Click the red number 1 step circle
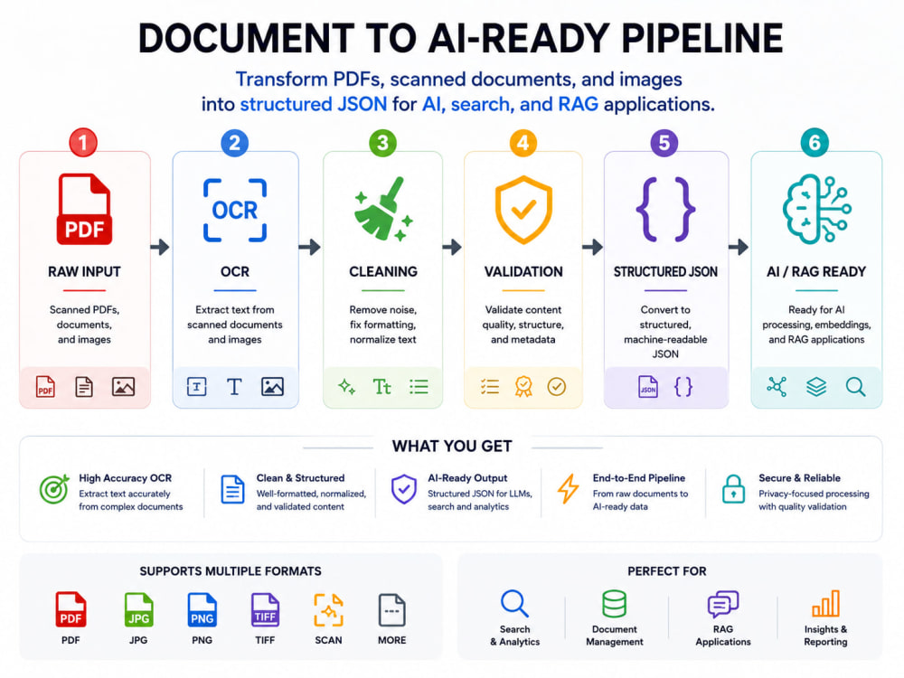tap(83, 143)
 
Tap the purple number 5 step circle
tap(664, 143)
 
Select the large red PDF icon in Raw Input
tap(84, 210)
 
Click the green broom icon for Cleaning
tap(383, 209)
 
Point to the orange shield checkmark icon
tap(523, 210)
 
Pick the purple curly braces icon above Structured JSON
tap(665, 210)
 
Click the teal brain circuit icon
tap(816, 210)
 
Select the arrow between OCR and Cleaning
tap(310, 247)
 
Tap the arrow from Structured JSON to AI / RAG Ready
tap(739, 247)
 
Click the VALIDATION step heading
tap(523, 271)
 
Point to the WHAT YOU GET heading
tap(452, 447)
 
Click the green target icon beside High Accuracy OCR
tap(54, 489)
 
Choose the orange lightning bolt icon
tap(568, 489)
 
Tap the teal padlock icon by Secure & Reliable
tap(733, 489)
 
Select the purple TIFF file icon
tap(265, 610)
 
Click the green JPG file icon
tap(138, 610)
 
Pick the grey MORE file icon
tap(392, 610)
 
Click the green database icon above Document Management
tap(615, 604)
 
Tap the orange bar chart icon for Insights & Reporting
tap(825, 604)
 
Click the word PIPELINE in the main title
tap(702, 39)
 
